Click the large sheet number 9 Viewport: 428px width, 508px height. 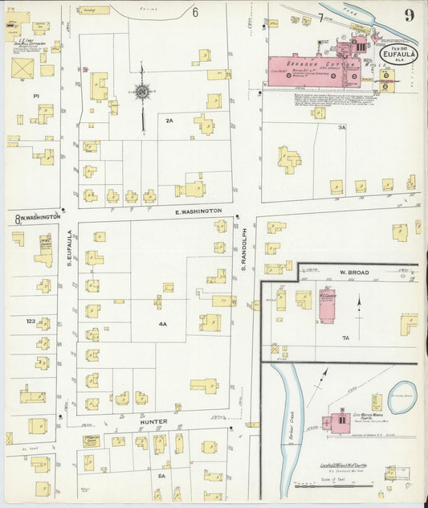[x=410, y=15]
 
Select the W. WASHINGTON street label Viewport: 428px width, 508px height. [x=38, y=217]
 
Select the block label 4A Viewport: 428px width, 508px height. [x=162, y=324]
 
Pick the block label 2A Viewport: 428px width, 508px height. [x=169, y=120]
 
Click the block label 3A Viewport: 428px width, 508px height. [x=341, y=127]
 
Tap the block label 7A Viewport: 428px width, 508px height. [x=346, y=338]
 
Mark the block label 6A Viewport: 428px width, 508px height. [x=161, y=476]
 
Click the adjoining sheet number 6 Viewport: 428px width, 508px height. [x=194, y=13]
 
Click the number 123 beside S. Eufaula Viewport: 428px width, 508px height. [x=30, y=321]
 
